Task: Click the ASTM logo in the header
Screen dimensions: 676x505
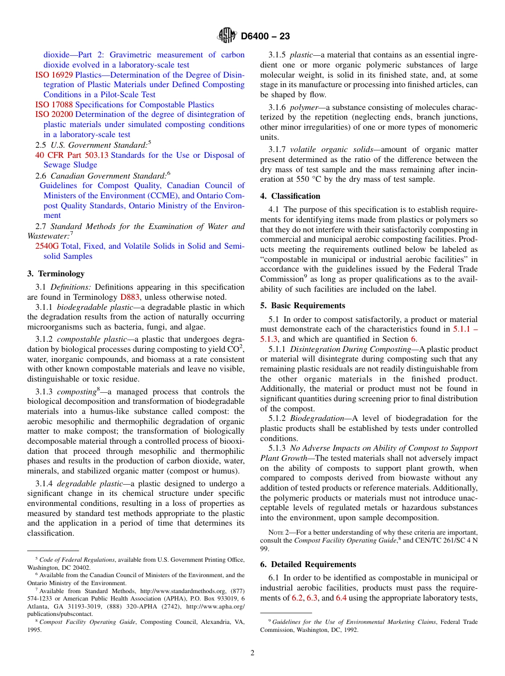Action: pyautogui.click(x=227, y=36)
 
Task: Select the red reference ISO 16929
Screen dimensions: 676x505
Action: pyautogui.click(x=54, y=75)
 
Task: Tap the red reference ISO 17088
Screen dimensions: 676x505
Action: pyautogui.click(x=54, y=105)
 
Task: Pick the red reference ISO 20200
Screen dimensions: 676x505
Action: pyautogui.click(x=54, y=114)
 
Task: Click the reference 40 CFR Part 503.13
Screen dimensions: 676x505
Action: pyautogui.click(x=71, y=155)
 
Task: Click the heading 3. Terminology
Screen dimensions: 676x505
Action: pyautogui.click(x=56, y=274)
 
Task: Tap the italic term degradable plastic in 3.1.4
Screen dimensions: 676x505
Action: pyautogui.click(x=86, y=484)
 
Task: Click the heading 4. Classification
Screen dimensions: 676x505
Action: pyautogui.click(x=290, y=196)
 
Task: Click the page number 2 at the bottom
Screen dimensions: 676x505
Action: pyautogui.click(x=252, y=653)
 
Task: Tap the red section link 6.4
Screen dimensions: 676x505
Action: pyautogui.click(x=341, y=598)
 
